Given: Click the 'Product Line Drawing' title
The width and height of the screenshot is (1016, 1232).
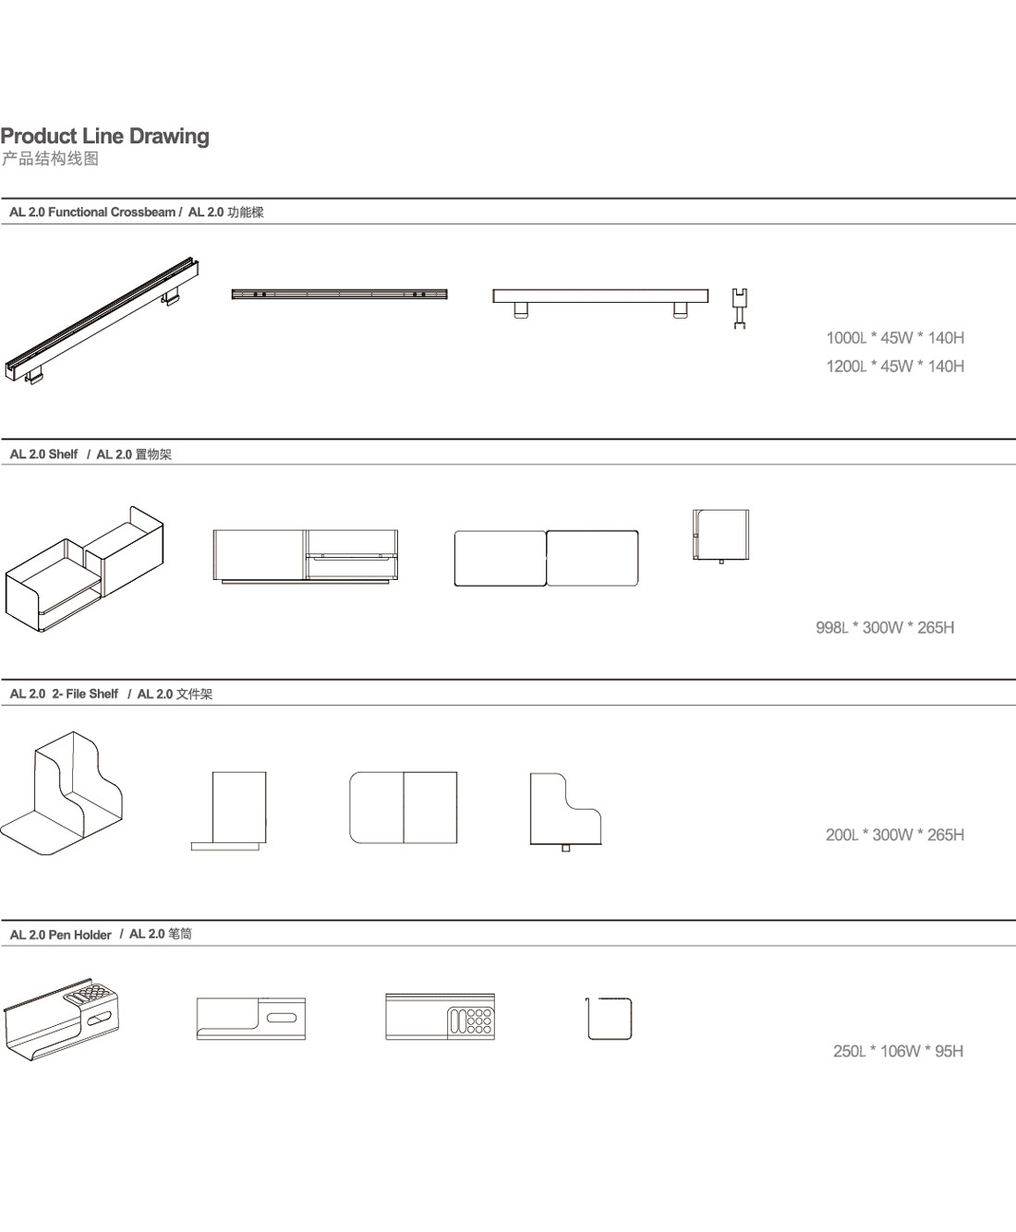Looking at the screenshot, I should (x=105, y=136).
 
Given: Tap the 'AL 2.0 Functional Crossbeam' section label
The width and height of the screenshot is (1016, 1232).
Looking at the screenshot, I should (x=92, y=212).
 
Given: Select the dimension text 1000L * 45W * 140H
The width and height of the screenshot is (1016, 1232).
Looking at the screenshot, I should (x=895, y=338).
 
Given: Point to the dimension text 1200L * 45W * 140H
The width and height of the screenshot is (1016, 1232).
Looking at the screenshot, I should (x=895, y=367).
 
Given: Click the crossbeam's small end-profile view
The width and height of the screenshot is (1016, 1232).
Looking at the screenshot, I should (x=739, y=308).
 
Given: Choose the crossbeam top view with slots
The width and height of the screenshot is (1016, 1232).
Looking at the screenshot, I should (x=339, y=295).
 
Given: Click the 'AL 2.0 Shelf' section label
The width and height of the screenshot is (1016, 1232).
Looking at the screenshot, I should (x=44, y=454).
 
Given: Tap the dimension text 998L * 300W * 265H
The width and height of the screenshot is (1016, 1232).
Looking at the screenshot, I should (x=885, y=628).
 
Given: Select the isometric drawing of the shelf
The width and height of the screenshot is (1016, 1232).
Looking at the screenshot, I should (x=84, y=569).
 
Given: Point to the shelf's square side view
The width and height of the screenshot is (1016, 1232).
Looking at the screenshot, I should (x=720, y=535).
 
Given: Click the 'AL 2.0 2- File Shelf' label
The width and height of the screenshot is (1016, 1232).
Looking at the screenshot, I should (x=65, y=695).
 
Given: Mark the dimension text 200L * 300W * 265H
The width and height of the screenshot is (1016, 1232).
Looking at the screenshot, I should (x=895, y=835).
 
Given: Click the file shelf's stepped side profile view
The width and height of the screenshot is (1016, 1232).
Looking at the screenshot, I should (x=564, y=810).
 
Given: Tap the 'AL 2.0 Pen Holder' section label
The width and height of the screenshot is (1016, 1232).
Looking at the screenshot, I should (x=61, y=935).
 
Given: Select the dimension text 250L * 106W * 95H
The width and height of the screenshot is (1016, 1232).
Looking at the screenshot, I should (x=898, y=1051).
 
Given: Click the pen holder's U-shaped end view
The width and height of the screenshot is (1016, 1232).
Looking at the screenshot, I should (x=610, y=1019).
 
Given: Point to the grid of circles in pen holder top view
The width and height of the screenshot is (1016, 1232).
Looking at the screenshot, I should (x=478, y=1020).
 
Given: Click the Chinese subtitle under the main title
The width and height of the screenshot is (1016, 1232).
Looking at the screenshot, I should (x=50, y=159).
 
